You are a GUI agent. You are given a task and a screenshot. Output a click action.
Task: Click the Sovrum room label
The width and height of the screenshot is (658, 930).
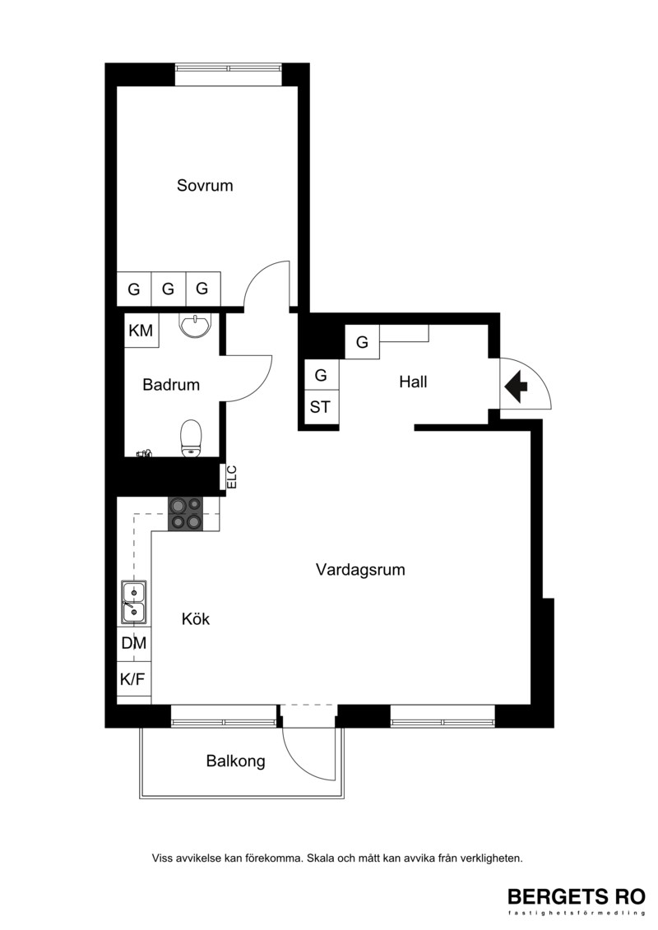pyautogui.click(x=205, y=185)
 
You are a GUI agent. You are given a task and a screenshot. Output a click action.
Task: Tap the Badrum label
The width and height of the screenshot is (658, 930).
pyautogui.click(x=171, y=384)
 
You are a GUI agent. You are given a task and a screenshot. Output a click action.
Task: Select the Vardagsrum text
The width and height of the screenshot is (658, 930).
pyautogui.click(x=360, y=570)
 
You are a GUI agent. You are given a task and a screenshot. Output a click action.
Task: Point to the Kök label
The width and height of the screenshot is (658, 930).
pyautogui.click(x=196, y=618)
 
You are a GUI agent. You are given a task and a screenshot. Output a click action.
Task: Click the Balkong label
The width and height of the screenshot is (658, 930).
pyautogui.click(x=235, y=761)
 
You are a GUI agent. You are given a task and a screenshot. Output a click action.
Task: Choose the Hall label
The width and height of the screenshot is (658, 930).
pyautogui.click(x=413, y=382)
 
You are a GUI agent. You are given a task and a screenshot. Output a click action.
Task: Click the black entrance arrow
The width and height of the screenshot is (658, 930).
pyautogui.click(x=517, y=386)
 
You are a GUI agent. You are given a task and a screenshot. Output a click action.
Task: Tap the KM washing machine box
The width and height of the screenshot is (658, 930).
pyautogui.click(x=141, y=330)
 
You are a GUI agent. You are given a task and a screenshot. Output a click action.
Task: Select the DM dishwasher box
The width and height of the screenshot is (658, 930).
pyautogui.click(x=134, y=643)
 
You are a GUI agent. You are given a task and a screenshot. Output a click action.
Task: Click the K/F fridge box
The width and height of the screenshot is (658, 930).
pyautogui.click(x=134, y=678)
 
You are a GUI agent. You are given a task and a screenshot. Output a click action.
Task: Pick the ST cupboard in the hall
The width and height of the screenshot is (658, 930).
pyautogui.click(x=321, y=407)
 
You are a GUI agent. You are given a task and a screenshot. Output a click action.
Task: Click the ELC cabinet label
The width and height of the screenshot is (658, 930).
pyautogui.click(x=231, y=477)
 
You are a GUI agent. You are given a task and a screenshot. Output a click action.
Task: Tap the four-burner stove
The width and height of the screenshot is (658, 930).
pyautogui.click(x=185, y=514)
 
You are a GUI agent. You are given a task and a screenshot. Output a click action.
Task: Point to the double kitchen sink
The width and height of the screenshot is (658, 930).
pyautogui.click(x=133, y=602)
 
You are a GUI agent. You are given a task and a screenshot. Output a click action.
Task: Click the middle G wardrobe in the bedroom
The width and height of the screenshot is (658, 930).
pyautogui.click(x=169, y=289)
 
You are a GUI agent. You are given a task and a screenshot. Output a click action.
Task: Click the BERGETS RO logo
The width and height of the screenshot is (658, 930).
pyautogui.click(x=576, y=900)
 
